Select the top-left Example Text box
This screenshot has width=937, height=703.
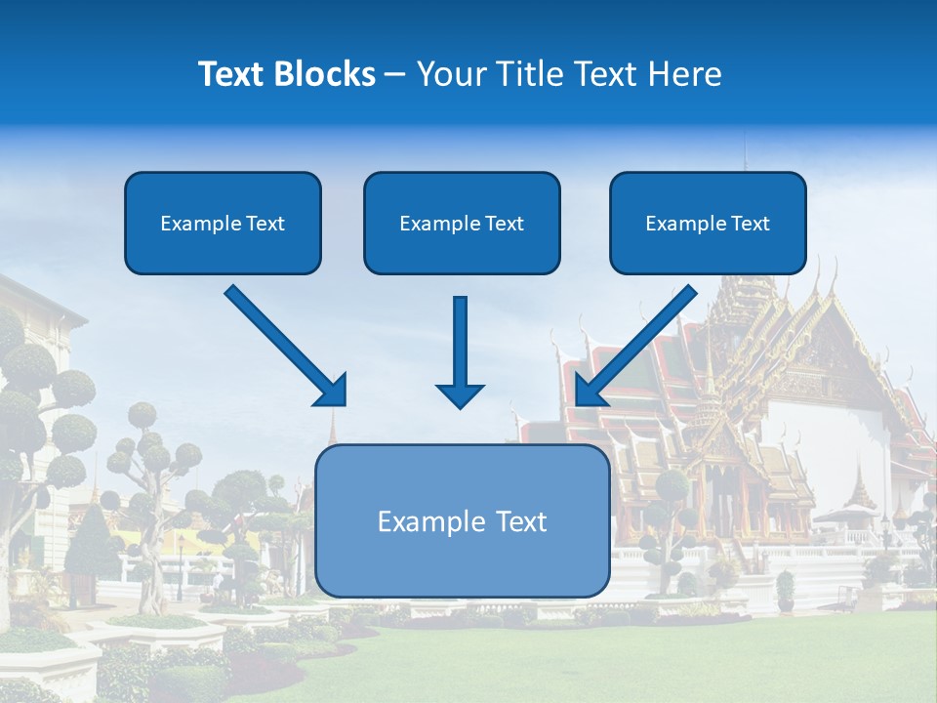pos(223,223)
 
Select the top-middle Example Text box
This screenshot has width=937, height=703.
pos(462,223)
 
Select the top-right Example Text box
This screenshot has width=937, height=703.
pos(708,223)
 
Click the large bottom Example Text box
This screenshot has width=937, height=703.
pos(462,521)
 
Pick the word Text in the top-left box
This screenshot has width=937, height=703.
pos(265,224)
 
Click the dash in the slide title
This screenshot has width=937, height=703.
pos(395,75)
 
